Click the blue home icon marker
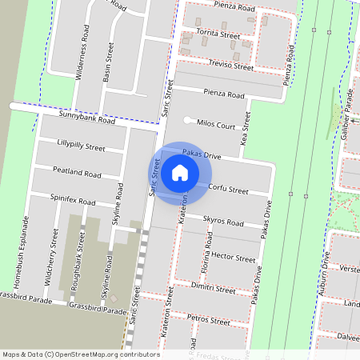[x=180, y=172]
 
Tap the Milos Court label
[x=214, y=126]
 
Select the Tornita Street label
[x=219, y=35]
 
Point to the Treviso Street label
[x=230, y=66]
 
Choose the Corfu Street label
[x=228, y=190]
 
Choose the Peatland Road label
[x=77, y=173]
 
